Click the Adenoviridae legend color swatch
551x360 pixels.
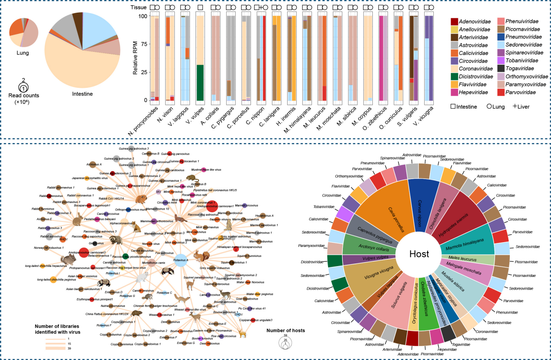[455, 21]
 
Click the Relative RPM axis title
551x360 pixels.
[136, 58]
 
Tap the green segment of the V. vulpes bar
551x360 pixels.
[200, 82]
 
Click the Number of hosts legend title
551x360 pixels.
[285, 330]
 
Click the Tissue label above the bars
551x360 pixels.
[139, 7]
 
